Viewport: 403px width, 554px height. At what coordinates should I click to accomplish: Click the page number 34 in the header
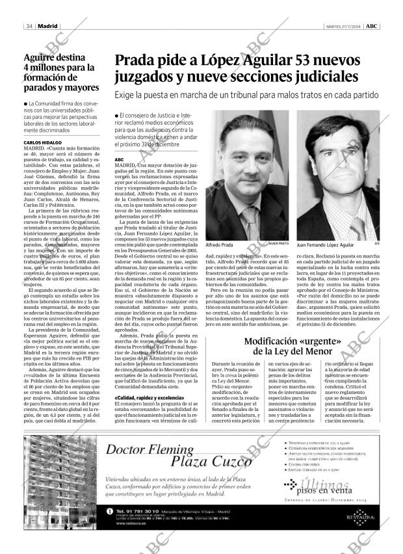tap(29, 26)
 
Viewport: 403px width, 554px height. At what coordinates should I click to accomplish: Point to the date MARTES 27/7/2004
tap(342, 26)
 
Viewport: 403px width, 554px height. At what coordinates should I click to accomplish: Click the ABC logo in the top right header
tap(371, 26)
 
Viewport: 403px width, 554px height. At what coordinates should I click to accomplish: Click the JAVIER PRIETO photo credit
tap(296, 242)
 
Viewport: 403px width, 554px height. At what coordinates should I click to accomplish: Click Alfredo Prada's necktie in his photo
tap(250, 217)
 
